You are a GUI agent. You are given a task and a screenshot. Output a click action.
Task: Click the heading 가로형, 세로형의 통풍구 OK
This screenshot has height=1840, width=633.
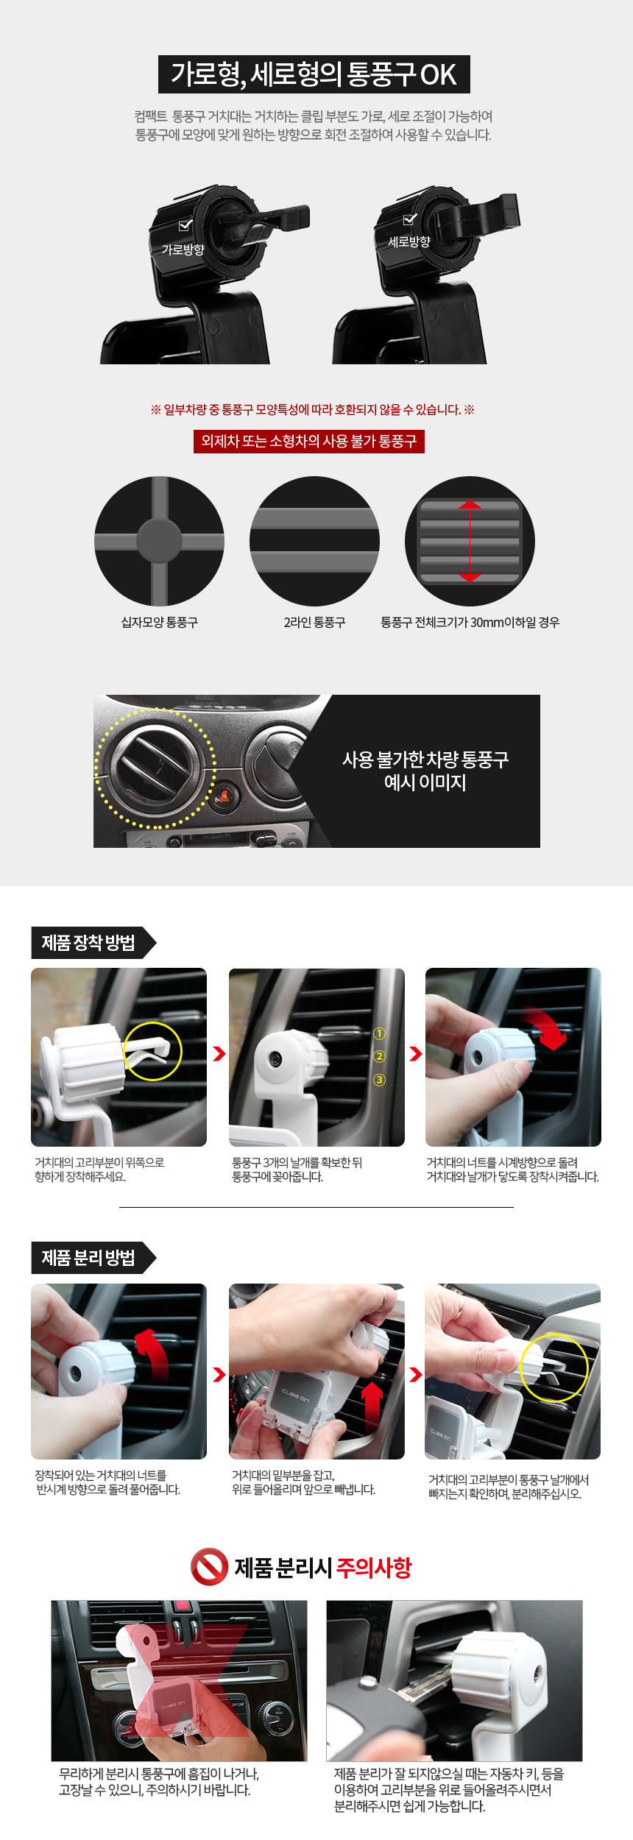(x=314, y=74)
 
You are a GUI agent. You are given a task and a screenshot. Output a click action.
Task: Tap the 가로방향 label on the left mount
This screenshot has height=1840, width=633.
(x=183, y=250)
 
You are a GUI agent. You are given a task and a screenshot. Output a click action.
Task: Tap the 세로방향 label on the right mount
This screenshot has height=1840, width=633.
(x=409, y=241)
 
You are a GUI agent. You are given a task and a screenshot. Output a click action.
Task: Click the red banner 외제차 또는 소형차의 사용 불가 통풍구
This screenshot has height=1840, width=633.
(x=308, y=441)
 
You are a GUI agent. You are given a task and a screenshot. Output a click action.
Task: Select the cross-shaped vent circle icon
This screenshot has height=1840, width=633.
(x=159, y=541)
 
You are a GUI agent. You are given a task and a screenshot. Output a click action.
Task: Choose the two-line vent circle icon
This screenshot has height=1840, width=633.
(x=314, y=541)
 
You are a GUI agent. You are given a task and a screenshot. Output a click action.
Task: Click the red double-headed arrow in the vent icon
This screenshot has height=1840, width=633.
(x=470, y=541)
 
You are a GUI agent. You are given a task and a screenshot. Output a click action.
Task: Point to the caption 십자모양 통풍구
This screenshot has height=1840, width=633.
(x=159, y=623)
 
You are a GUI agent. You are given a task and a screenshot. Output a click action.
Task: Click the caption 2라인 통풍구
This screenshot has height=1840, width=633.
(x=314, y=623)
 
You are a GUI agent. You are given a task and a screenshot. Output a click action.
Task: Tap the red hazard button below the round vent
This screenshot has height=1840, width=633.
(x=223, y=796)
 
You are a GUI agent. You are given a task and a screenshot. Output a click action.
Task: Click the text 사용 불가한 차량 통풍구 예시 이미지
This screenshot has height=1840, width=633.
(x=425, y=771)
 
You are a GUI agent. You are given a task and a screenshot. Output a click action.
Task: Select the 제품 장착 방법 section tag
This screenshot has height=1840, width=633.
(x=88, y=943)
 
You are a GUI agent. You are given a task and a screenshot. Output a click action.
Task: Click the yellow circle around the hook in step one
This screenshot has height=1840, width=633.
(x=152, y=1051)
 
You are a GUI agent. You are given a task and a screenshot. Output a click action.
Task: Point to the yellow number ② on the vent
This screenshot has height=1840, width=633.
(x=380, y=1057)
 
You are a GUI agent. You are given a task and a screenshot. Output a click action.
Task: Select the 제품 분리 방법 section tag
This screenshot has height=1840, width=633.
(x=88, y=1258)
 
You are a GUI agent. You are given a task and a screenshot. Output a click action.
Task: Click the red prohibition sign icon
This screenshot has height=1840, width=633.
(x=209, y=1566)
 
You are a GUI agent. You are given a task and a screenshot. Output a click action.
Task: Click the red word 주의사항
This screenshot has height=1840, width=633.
(x=374, y=1568)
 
